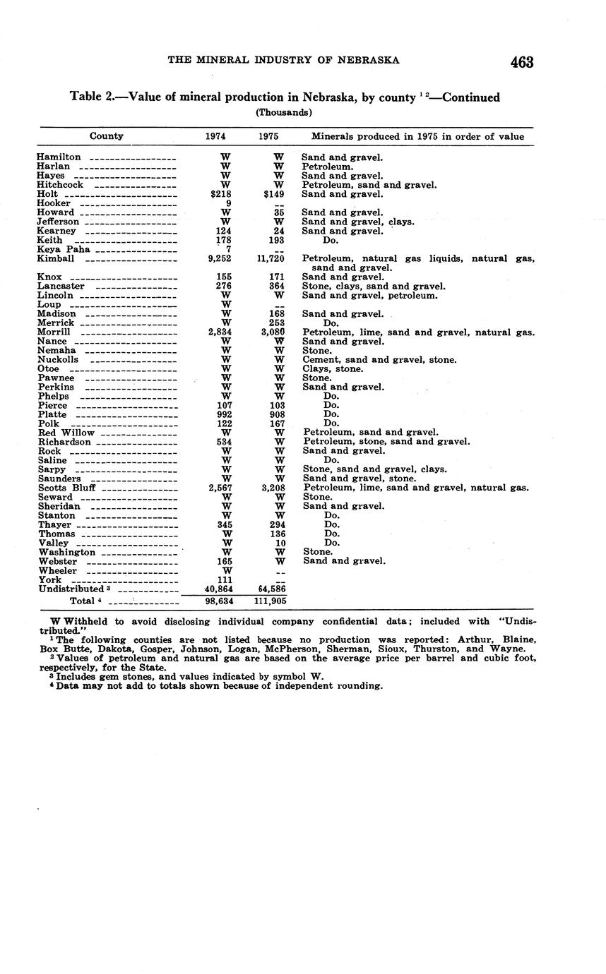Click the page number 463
click(x=521, y=62)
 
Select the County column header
click(x=107, y=136)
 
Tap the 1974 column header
click(x=215, y=136)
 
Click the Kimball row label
click(x=56, y=259)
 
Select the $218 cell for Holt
click(x=222, y=194)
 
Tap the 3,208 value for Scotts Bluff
click(x=272, y=488)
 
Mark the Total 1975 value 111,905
click(x=270, y=601)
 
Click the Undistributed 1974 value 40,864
click(x=219, y=589)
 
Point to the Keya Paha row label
click(x=64, y=249)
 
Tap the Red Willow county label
click(x=66, y=433)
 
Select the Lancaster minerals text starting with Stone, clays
click(x=374, y=287)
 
